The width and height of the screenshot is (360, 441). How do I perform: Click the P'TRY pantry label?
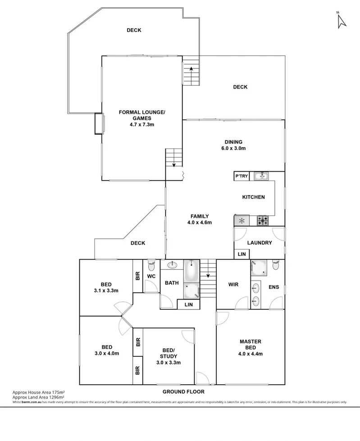tap(241, 176)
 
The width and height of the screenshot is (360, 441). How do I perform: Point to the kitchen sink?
tap(260, 176)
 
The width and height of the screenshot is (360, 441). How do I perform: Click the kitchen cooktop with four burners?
tap(263, 221)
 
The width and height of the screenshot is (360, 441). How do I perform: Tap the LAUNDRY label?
tap(259, 243)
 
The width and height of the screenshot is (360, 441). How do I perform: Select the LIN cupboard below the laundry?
tap(242, 255)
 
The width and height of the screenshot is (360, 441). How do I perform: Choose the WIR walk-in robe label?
tap(233, 284)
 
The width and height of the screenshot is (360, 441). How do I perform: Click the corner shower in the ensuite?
tap(259, 268)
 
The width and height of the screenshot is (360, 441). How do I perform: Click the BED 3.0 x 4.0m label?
tap(107, 350)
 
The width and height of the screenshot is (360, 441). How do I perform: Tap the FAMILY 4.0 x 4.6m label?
tap(199, 219)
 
